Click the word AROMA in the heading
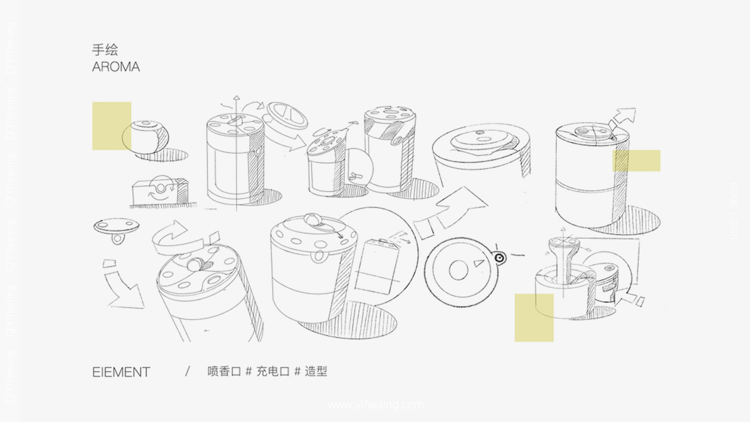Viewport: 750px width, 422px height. (116, 67)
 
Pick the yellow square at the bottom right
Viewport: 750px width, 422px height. (534, 317)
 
